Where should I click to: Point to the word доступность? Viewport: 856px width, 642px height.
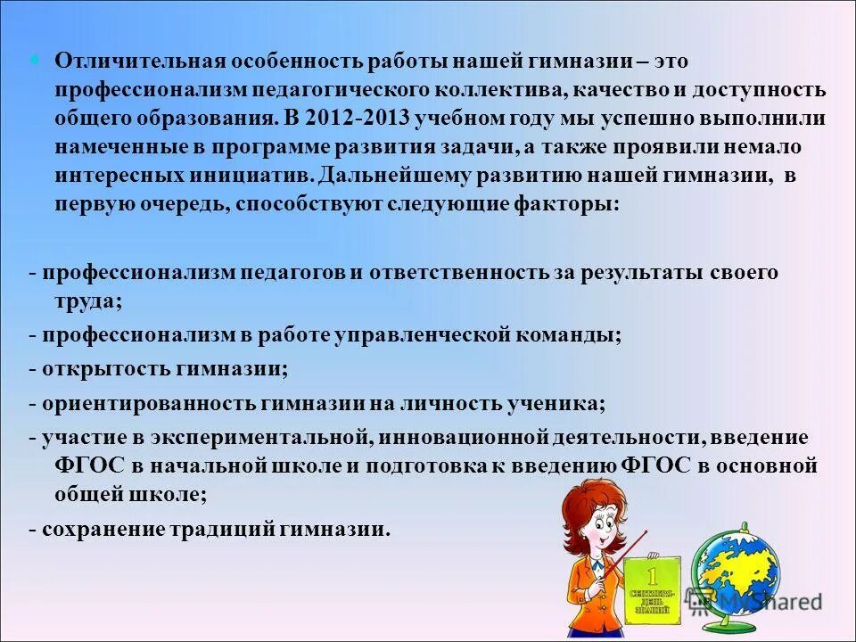coord(762,90)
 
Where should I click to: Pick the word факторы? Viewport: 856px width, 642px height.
coord(564,204)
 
